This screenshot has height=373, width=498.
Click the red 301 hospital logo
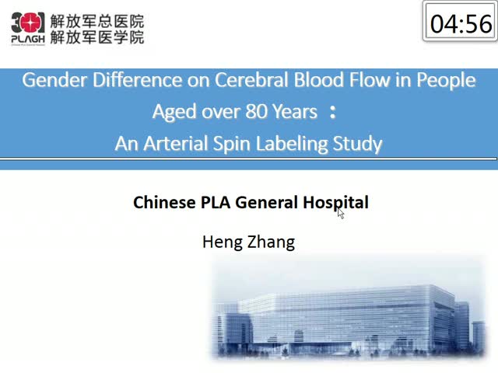point(28,24)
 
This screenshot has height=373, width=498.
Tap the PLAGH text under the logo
point(28,39)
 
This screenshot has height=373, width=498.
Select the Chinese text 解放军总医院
point(97,22)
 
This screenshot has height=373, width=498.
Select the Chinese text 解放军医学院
point(97,37)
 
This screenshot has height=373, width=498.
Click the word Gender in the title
point(54,80)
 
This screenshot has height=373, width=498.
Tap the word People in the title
point(446,80)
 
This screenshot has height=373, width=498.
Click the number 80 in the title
point(257,112)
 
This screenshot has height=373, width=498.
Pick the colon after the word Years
point(332,113)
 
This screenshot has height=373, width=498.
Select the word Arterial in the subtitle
point(177,143)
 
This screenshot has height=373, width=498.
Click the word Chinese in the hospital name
point(164,202)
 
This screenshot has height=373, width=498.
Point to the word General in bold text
point(266,202)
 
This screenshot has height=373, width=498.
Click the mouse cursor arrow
point(341,213)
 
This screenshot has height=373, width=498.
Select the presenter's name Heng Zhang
point(249,242)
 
